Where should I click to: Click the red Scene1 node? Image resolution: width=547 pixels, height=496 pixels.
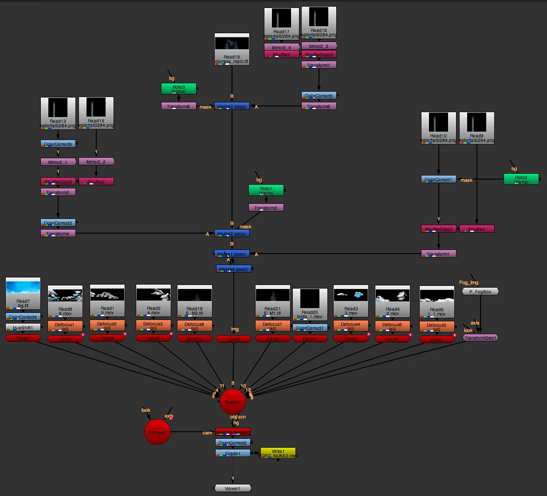232,402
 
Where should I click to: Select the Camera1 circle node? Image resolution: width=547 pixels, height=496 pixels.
157,432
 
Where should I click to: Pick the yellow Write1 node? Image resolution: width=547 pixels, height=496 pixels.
278,453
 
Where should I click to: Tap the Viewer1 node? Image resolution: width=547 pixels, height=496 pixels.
232,488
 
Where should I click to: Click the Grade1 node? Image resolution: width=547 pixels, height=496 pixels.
232,453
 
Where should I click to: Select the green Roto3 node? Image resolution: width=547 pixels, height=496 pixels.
178,89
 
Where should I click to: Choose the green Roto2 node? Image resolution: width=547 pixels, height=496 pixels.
521,179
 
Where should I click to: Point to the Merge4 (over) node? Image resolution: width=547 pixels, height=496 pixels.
233,269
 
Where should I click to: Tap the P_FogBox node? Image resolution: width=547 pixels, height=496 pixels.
480,292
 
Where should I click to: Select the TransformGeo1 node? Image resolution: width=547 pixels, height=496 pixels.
480,338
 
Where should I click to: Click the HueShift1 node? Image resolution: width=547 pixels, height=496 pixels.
23,328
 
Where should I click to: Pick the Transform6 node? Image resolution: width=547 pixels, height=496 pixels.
178,106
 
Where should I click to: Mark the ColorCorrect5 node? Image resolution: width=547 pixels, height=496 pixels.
319,95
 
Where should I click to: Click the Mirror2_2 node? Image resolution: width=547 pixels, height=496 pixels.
96,162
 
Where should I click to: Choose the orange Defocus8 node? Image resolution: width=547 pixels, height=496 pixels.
194,326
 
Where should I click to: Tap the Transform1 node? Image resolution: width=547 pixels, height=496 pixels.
438,254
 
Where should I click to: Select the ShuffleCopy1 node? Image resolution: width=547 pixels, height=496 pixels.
438,229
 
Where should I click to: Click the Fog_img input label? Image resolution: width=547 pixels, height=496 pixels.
468,282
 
